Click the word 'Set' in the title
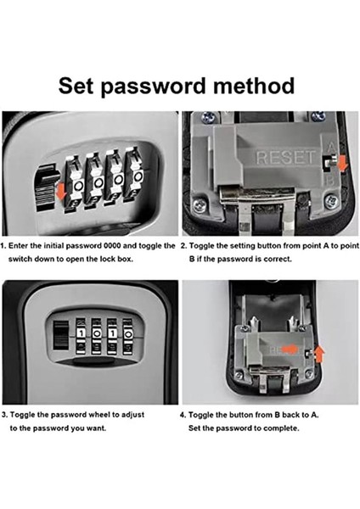click(76, 86)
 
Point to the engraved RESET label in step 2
click(286, 157)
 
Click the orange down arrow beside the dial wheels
click(61, 191)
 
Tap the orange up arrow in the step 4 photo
click(320, 354)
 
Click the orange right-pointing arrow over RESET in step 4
click(290, 349)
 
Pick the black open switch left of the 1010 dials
click(61, 335)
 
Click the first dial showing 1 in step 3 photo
click(82, 333)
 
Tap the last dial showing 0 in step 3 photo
click(128, 333)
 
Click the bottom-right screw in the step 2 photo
click(331, 201)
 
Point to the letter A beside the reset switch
click(331, 148)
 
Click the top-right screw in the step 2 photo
click(318, 116)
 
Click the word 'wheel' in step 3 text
click(99, 415)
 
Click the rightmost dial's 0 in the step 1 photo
click(138, 177)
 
